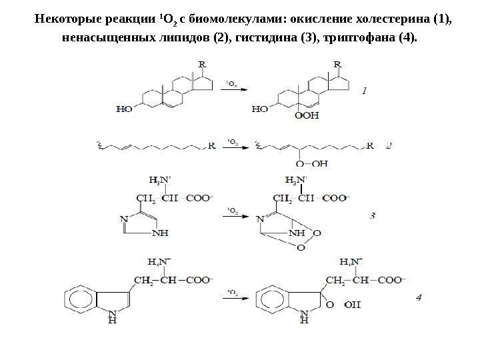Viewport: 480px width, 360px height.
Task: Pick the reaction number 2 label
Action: tap(389, 144)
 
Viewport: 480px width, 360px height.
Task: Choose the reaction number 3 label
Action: tap(373, 215)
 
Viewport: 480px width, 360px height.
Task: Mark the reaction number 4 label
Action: tap(418, 297)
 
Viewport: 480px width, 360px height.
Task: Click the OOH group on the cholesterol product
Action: tap(307, 115)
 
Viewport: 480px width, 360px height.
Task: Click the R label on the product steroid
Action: tap(337, 64)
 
